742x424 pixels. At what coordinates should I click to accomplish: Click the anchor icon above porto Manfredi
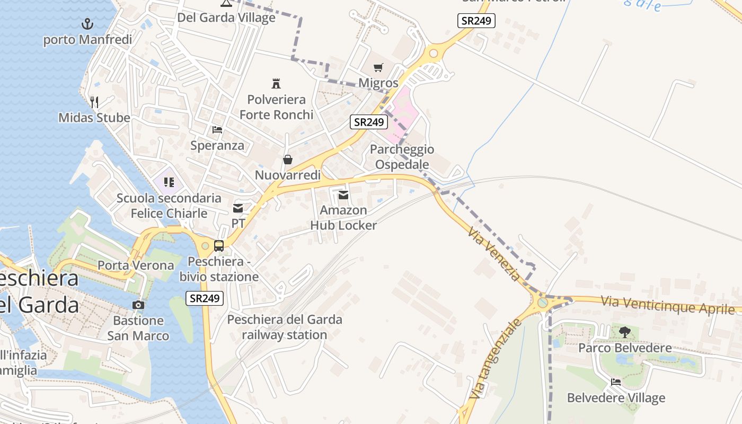87,24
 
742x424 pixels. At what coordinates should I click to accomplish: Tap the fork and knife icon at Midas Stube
94,102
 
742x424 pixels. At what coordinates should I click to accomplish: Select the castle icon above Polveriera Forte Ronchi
276,83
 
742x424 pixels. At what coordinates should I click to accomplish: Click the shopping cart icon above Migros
378,67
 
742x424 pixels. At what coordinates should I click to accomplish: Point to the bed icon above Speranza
217,130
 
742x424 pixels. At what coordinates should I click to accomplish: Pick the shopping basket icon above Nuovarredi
288,160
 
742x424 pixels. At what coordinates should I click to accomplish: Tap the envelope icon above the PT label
238,208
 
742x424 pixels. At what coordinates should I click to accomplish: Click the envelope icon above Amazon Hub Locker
343,195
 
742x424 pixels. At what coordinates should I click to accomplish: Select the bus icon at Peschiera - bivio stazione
218,246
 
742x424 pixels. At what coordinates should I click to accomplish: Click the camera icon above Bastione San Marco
138,305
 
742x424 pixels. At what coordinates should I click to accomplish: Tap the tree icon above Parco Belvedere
625,332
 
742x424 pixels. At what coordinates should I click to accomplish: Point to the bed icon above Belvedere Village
616,382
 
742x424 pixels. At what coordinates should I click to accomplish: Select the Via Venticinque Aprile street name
668,305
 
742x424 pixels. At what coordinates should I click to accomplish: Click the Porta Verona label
136,266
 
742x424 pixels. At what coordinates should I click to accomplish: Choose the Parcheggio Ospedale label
402,157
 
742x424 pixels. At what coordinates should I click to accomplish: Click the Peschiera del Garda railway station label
285,327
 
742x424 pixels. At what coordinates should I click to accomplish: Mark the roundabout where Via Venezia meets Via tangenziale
543,303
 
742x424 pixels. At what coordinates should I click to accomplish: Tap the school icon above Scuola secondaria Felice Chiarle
169,183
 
